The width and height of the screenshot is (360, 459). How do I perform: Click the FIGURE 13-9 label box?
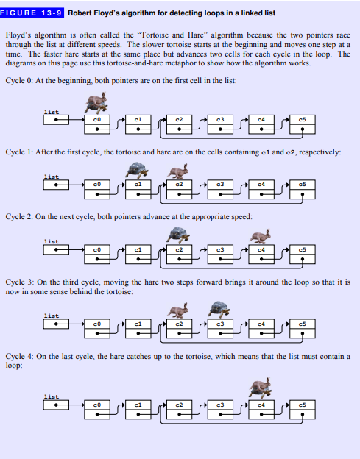coord(32,13)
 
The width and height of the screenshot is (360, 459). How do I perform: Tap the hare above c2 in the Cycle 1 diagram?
coord(178,171)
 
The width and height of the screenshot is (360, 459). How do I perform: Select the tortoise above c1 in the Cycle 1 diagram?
coord(137,171)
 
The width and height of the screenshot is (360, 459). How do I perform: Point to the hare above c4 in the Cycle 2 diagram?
coord(260,236)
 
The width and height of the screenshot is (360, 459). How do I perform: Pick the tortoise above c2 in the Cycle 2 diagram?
coord(178,235)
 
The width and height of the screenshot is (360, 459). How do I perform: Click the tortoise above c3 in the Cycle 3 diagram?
coord(219,310)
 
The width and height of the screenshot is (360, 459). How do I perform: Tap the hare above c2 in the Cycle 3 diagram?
coord(178,310)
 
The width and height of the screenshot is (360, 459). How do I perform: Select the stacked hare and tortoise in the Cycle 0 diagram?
coord(96,103)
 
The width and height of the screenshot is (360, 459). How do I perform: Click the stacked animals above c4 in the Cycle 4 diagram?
coord(260,388)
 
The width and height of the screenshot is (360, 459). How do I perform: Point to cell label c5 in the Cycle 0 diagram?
coord(303,120)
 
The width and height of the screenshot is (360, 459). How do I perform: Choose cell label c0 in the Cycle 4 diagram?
coord(97,405)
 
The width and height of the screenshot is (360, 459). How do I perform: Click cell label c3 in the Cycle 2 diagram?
coord(220,249)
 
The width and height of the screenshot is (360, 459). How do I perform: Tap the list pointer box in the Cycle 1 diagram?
coord(56,185)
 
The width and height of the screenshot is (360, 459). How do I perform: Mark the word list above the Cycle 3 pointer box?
coord(52,316)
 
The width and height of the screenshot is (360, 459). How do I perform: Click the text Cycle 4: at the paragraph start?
coord(19,357)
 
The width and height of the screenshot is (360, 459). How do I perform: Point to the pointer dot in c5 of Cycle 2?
coord(303,259)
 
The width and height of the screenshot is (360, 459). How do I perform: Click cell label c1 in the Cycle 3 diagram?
coord(138,324)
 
